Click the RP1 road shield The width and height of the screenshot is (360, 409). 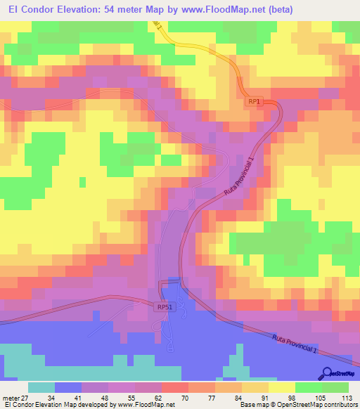(x=255, y=102)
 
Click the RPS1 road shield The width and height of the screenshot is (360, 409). (x=164, y=307)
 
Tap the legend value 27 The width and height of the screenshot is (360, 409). (x=26, y=397)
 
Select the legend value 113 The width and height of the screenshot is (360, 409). (x=345, y=397)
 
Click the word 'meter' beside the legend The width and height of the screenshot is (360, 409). (x=10, y=397)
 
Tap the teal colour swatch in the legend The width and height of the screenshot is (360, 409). (x=41, y=387)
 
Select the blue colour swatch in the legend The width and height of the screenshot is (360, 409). (x=68, y=387)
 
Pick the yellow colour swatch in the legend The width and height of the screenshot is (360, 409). (x=282, y=387)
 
